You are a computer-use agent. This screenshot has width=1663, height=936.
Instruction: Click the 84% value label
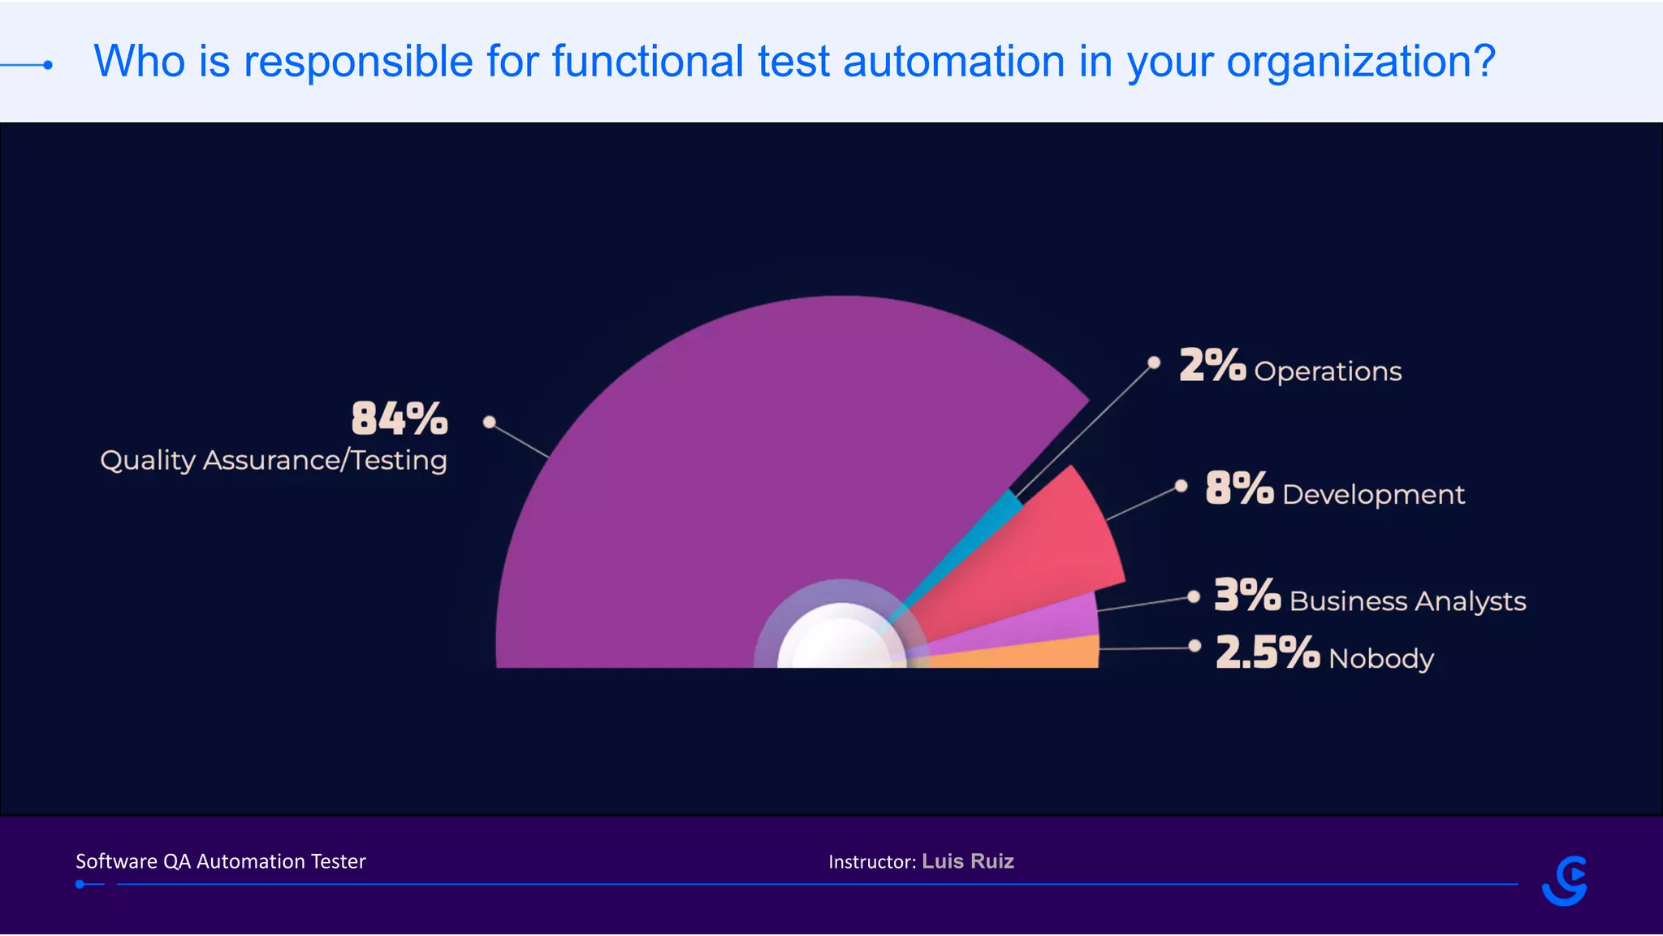tap(399, 419)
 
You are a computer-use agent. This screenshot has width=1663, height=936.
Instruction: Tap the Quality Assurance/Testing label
tap(274, 461)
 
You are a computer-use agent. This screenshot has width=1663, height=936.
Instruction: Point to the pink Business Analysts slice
tap(1056, 622)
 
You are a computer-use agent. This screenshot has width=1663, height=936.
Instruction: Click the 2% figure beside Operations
tap(1212, 366)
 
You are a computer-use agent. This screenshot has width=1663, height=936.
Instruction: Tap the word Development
tap(1373, 495)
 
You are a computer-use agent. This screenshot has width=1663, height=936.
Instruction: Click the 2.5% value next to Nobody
tap(1267, 652)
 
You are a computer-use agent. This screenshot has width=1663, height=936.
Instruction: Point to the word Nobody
tap(1380, 658)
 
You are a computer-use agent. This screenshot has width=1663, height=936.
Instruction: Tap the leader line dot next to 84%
tap(489, 422)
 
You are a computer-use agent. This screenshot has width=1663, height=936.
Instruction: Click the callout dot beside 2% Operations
tap(1154, 362)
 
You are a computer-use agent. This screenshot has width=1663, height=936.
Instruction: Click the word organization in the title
tap(1360, 62)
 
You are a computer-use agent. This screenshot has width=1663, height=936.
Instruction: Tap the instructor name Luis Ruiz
tap(968, 861)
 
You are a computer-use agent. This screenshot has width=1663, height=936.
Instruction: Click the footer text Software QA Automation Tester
tap(221, 861)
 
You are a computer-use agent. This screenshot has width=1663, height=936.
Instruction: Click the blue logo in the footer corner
tap(1565, 881)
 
